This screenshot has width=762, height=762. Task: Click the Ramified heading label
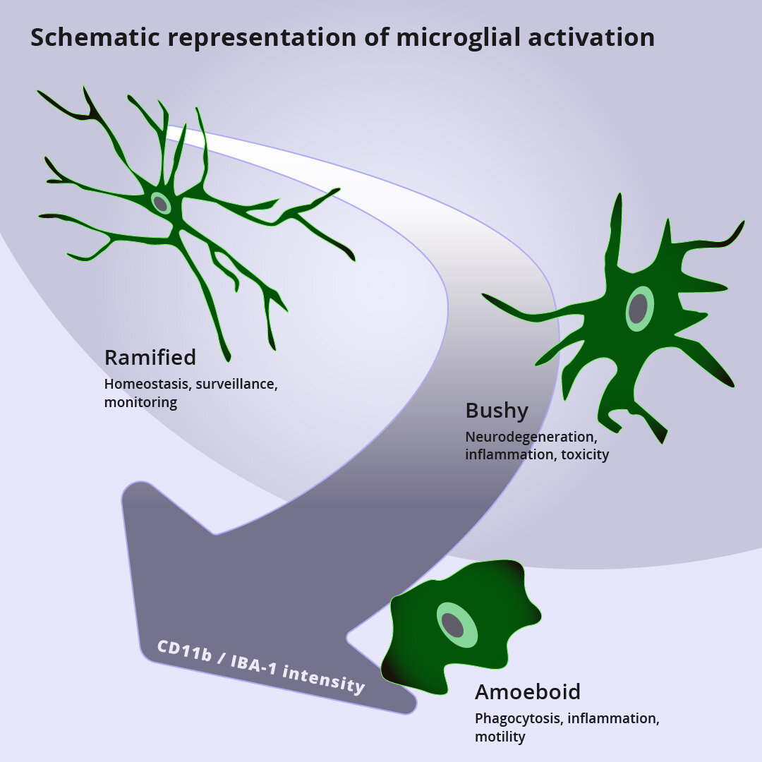[150, 358]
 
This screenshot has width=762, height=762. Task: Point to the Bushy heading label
[497, 410]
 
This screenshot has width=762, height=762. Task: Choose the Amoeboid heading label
[528, 692]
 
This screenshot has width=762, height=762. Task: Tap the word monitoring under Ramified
[140, 403]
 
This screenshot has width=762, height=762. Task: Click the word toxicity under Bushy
[585, 454]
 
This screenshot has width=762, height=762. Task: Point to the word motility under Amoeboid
[500, 737]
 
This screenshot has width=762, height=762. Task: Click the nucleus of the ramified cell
[161, 204]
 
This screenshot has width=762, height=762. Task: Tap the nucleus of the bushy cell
[639, 308]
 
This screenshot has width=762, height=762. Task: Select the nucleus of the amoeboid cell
[453, 625]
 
